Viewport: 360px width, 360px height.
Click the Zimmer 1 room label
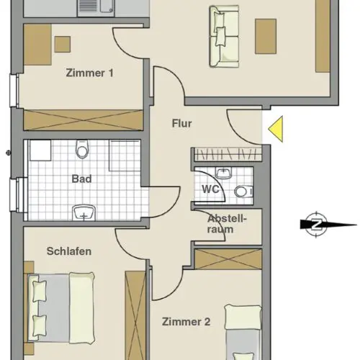click(89, 73)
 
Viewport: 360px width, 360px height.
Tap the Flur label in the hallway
click(182, 124)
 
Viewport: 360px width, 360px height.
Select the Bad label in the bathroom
click(81, 179)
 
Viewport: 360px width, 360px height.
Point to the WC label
click(210, 189)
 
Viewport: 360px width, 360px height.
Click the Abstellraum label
click(227, 224)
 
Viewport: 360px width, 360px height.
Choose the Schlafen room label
click(69, 251)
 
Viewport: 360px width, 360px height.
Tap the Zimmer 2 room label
click(186, 322)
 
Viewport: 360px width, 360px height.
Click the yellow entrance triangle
click(276, 129)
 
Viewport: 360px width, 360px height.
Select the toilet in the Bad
click(82, 149)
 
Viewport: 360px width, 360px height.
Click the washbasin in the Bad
click(84, 212)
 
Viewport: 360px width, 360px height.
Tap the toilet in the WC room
click(243, 192)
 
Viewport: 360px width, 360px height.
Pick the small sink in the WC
click(224, 173)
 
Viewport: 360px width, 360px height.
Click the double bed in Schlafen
click(61, 308)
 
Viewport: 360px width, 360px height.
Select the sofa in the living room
click(224, 37)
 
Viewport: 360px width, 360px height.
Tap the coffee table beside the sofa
click(266, 37)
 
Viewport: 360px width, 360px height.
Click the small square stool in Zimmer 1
click(63, 45)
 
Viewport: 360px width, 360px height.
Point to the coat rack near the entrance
click(228, 154)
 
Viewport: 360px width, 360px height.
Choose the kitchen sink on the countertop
click(96, 8)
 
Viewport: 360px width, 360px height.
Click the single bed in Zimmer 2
click(243, 333)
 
